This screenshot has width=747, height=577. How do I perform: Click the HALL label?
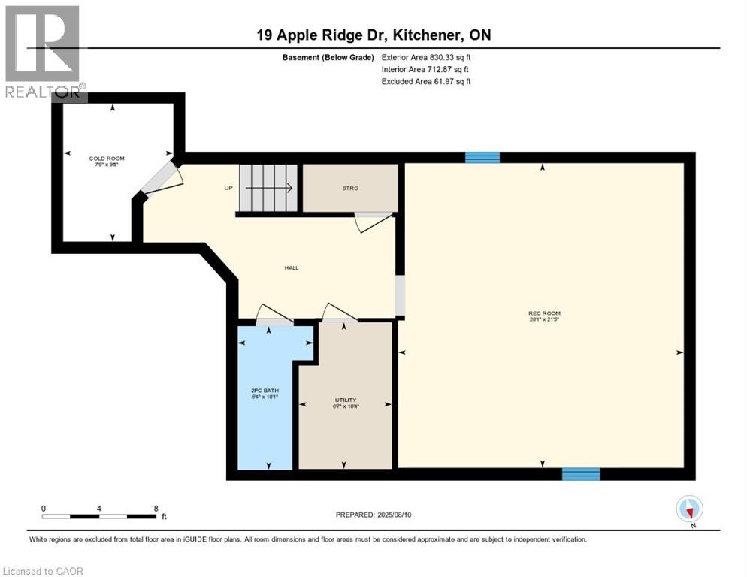(291, 268)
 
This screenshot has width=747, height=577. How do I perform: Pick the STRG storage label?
(350, 188)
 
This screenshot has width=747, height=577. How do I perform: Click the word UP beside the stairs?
(228, 188)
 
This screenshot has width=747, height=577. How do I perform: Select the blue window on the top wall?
(482, 157)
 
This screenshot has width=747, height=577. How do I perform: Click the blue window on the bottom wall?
(581, 474)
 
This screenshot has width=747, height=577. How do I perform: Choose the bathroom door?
(271, 315)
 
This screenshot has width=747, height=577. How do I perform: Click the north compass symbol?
(689, 509)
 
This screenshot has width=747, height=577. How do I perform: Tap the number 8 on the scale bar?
(156, 508)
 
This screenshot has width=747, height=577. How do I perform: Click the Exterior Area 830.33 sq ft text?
(426, 57)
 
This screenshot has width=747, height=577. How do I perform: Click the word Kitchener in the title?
(426, 35)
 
